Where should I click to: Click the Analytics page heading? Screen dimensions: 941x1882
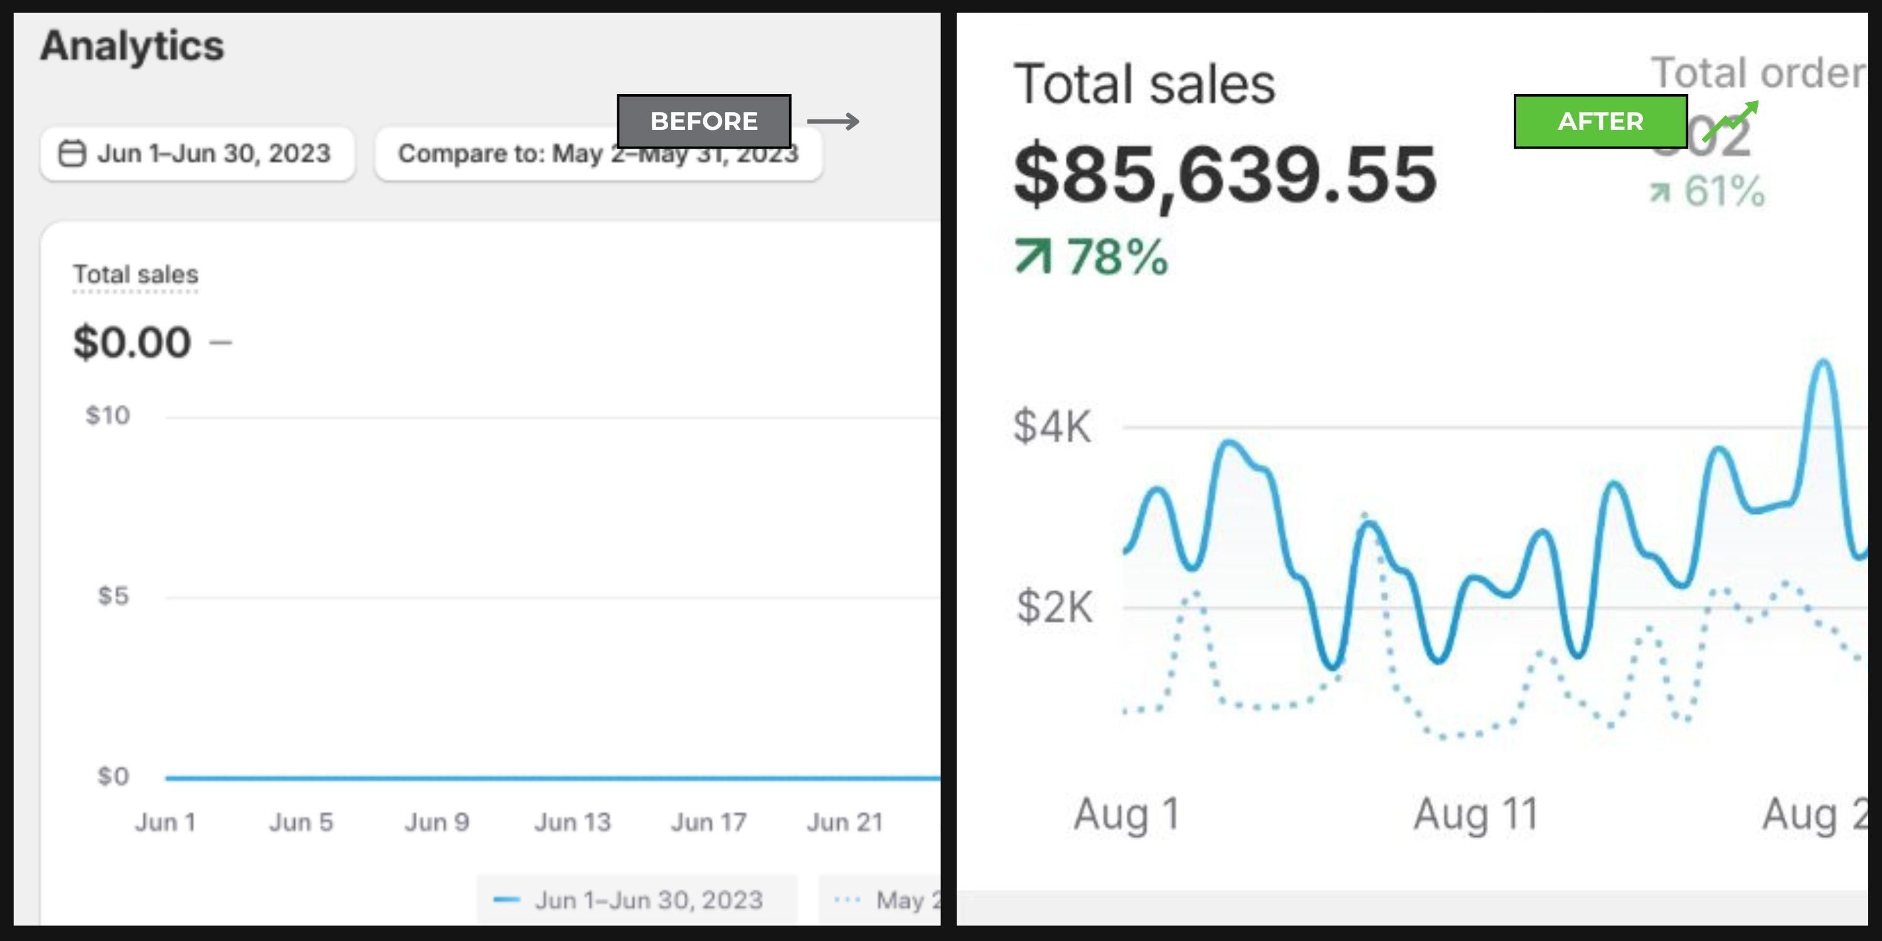point(132,46)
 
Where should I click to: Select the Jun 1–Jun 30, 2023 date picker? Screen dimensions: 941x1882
point(197,154)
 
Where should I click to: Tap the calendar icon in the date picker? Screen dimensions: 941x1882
point(72,154)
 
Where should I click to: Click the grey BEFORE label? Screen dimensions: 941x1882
point(704,121)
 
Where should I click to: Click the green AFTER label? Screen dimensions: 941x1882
point(1600,121)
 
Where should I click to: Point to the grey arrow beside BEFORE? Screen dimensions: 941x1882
point(833,121)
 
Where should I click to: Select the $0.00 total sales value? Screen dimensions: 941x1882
point(132,342)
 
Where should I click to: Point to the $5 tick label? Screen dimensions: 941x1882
point(114,596)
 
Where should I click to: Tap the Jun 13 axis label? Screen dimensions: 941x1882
point(572,822)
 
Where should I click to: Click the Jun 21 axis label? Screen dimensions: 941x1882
point(844,822)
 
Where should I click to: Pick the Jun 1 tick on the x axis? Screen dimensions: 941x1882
point(165,822)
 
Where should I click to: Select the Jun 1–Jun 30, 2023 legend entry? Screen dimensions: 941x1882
point(635,900)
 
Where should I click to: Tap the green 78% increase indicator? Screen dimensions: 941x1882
point(1092,257)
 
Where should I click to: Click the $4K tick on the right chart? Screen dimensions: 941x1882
point(1052,427)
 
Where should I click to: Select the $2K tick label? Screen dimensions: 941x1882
point(1055,607)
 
